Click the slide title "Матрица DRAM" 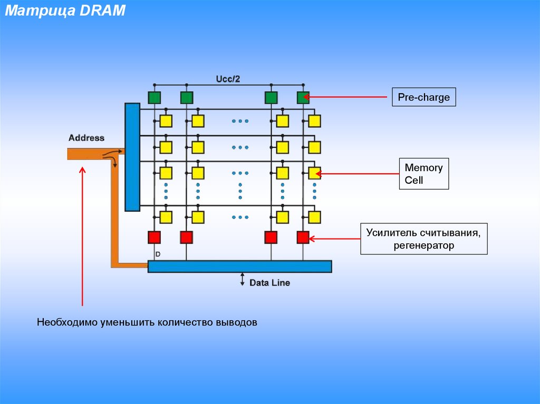(65, 11)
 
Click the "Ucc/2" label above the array (228, 79)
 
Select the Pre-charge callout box (423, 97)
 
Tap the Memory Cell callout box (423, 174)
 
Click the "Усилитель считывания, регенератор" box (423, 239)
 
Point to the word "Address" (86, 138)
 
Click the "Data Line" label (269, 283)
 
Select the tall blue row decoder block (132, 157)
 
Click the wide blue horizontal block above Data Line (239, 267)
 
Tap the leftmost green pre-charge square (155, 97)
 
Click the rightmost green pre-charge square (303, 97)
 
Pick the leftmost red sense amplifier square (154, 238)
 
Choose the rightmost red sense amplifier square (303, 238)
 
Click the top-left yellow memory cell (166, 121)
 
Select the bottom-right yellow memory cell (314, 217)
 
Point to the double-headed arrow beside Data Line (243, 279)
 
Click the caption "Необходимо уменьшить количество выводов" (147, 322)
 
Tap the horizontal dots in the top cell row (240, 121)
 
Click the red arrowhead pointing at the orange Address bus (82, 170)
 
